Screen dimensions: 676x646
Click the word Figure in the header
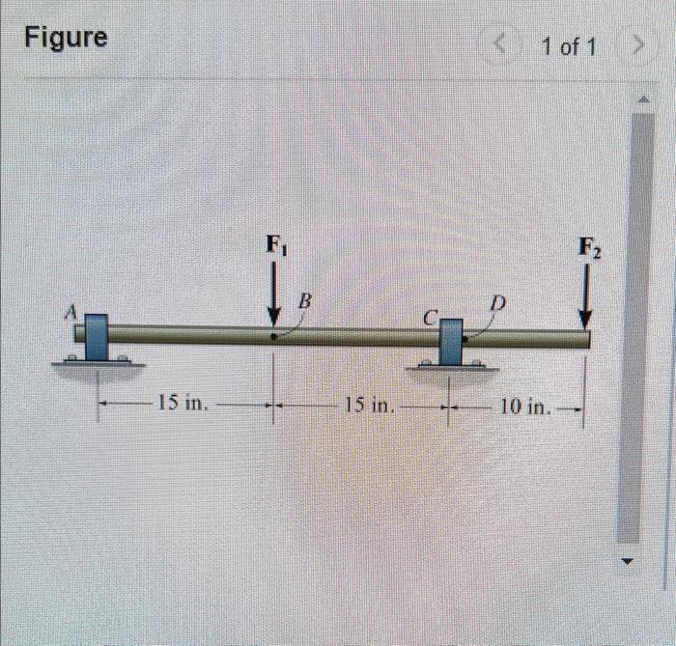(x=66, y=38)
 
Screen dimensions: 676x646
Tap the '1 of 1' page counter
(x=569, y=46)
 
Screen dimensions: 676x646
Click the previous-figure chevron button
(x=500, y=44)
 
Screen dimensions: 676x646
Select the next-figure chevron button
(x=638, y=45)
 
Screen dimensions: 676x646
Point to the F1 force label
(x=277, y=244)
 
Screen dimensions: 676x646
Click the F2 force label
(x=589, y=248)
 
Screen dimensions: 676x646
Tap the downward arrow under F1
(x=273, y=297)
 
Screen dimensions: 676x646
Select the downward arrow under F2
(x=585, y=297)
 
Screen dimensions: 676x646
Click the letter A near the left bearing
(x=70, y=311)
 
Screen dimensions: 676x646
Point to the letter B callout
(x=305, y=301)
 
